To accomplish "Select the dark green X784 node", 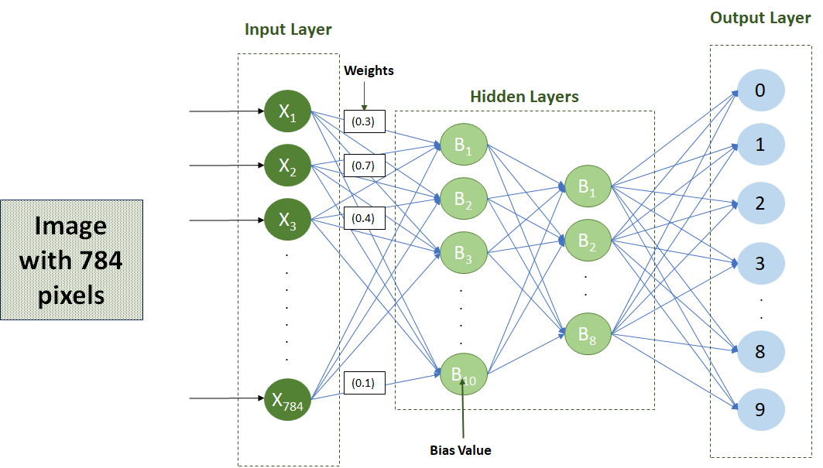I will tap(287, 400).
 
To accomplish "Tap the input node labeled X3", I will tap(287, 220).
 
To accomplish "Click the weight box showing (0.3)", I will tap(364, 121).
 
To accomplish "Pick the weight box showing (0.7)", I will tap(364, 166).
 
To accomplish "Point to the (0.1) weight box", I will tap(364, 383).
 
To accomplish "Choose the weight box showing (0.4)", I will tap(364, 219).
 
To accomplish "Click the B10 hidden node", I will tap(464, 375).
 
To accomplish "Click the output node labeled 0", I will tap(760, 91).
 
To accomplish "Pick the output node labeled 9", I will tap(760, 409).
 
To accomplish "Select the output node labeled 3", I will tap(760, 264).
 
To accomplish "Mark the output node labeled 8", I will tap(760, 351).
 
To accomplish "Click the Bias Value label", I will tap(461, 450).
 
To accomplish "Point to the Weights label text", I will tap(369, 70).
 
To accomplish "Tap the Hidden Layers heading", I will tap(524, 97).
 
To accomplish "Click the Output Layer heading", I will tap(760, 18).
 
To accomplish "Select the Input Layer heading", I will tap(288, 30).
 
